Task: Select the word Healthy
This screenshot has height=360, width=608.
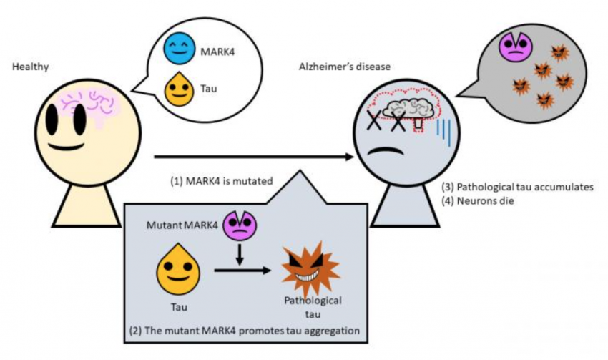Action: click(27, 67)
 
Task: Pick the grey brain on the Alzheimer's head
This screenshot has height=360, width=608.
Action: click(405, 109)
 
